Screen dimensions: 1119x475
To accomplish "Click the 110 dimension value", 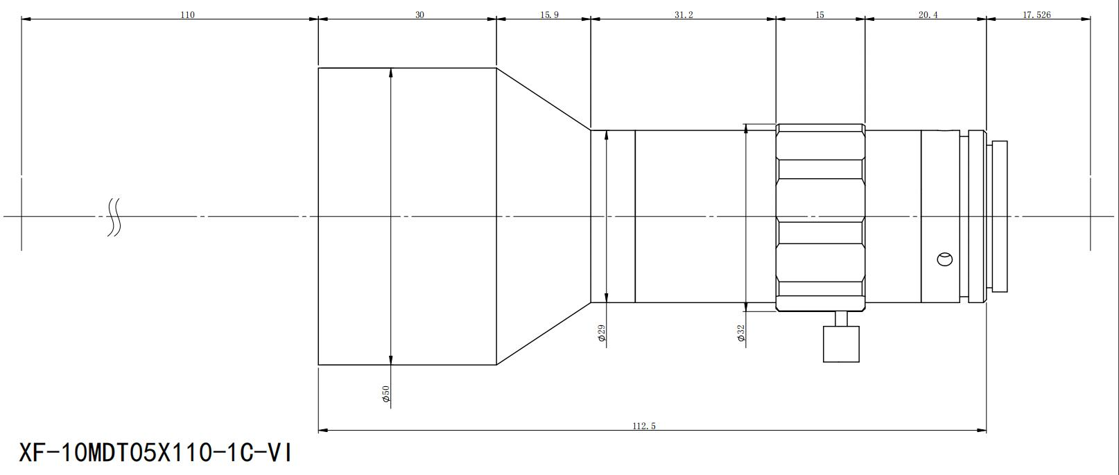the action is click(187, 15).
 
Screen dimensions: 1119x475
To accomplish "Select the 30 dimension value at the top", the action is click(419, 15).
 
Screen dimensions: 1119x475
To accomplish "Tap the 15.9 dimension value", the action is click(549, 15).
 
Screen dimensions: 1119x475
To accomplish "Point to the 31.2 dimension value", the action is click(684, 15).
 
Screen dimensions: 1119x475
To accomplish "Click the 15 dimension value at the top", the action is click(819, 15).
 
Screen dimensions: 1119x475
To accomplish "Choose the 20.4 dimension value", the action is click(928, 15).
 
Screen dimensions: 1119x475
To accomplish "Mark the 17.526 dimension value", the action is click(1036, 15).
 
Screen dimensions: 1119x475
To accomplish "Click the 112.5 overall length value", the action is click(644, 426).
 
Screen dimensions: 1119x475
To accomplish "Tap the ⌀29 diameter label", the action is click(602, 333).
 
